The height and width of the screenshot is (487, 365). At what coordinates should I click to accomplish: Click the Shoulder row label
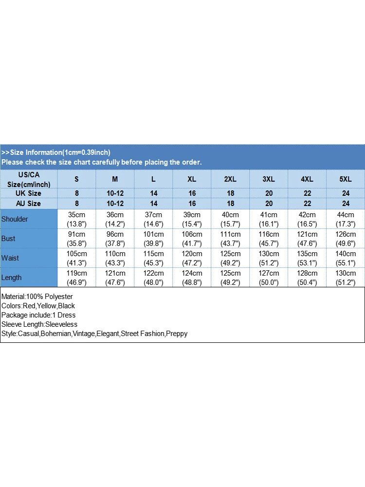click(x=15, y=219)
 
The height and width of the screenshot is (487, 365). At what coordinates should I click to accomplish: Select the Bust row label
click(x=8, y=239)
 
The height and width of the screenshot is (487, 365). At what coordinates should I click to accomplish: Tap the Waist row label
click(x=10, y=258)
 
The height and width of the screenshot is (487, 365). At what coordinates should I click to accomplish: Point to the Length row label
click(x=12, y=278)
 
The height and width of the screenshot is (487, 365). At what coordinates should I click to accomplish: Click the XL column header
click(x=192, y=179)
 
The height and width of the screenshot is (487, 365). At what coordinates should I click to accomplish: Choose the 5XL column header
click(x=346, y=179)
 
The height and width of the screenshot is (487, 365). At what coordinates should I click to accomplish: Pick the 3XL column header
click(x=269, y=179)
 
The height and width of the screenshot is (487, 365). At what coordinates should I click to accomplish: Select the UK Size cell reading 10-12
click(x=115, y=193)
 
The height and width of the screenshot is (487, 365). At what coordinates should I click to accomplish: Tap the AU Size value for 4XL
click(x=308, y=204)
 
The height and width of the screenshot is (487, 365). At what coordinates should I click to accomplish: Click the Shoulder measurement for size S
click(x=76, y=219)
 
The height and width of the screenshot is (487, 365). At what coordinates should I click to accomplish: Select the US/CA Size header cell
click(x=28, y=179)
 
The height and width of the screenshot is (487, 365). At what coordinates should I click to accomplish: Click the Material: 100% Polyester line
click(x=37, y=297)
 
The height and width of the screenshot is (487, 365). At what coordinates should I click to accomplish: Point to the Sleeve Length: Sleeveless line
click(x=39, y=324)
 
